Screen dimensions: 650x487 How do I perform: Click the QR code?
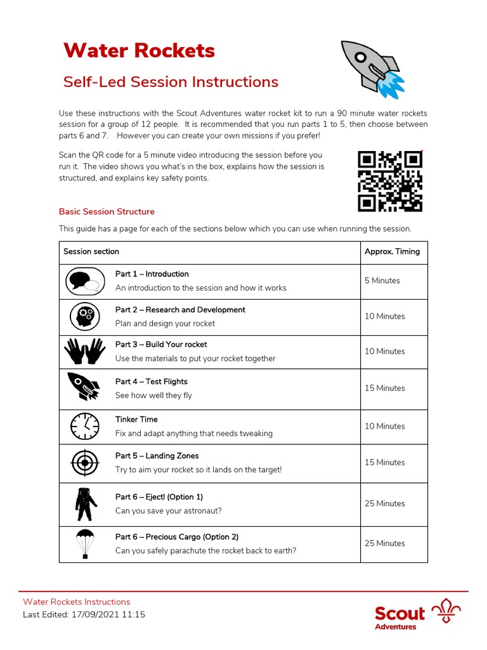click(x=390, y=181)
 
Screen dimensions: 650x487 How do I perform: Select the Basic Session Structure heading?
click(x=107, y=211)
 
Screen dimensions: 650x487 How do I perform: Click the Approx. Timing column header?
click(x=392, y=251)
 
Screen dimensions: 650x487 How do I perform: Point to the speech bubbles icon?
click(x=84, y=281)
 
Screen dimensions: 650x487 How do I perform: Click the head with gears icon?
click(x=84, y=316)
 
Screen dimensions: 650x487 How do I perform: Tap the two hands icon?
click(x=84, y=351)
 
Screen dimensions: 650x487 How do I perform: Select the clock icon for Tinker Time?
click(x=84, y=426)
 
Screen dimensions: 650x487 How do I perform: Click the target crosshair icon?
click(x=84, y=462)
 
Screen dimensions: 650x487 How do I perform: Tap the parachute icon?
click(x=85, y=543)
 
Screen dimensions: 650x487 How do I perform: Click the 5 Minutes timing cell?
click(x=382, y=281)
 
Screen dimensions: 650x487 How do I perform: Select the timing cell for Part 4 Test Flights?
click(x=384, y=388)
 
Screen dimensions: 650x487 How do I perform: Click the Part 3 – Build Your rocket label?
click(x=161, y=345)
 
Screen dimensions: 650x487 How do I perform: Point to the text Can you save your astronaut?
click(x=168, y=511)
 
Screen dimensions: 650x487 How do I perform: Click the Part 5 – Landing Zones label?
click(x=157, y=456)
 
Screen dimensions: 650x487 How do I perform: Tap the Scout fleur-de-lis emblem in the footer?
click(x=446, y=613)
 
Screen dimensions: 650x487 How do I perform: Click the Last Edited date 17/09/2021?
click(x=93, y=614)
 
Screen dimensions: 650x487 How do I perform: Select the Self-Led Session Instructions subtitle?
click(x=171, y=82)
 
